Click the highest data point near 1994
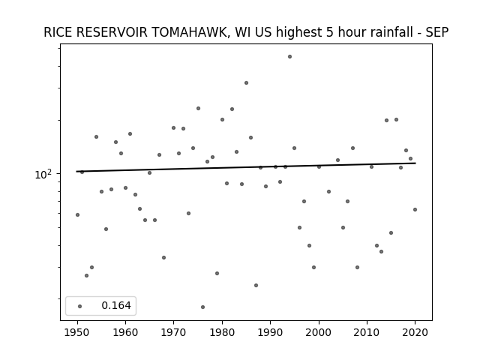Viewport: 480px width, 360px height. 289,57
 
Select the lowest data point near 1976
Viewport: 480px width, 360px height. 202,307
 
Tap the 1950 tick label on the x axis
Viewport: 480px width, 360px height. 77,332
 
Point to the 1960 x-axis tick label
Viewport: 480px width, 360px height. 125,332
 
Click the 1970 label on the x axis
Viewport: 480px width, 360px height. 174,332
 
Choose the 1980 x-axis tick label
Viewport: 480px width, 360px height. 222,332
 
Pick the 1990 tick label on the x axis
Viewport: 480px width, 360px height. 270,332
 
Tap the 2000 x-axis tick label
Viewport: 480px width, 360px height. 319,332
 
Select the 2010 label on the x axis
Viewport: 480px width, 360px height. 367,332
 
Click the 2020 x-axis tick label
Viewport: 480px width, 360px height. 415,332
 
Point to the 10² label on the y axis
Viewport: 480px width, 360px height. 43,174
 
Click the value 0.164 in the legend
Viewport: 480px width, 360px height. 116,305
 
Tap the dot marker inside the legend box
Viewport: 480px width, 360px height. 79,306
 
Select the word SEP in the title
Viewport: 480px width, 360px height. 437,32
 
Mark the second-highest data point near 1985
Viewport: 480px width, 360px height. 246,83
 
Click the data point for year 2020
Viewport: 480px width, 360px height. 415,210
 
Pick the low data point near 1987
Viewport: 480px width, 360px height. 256,285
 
